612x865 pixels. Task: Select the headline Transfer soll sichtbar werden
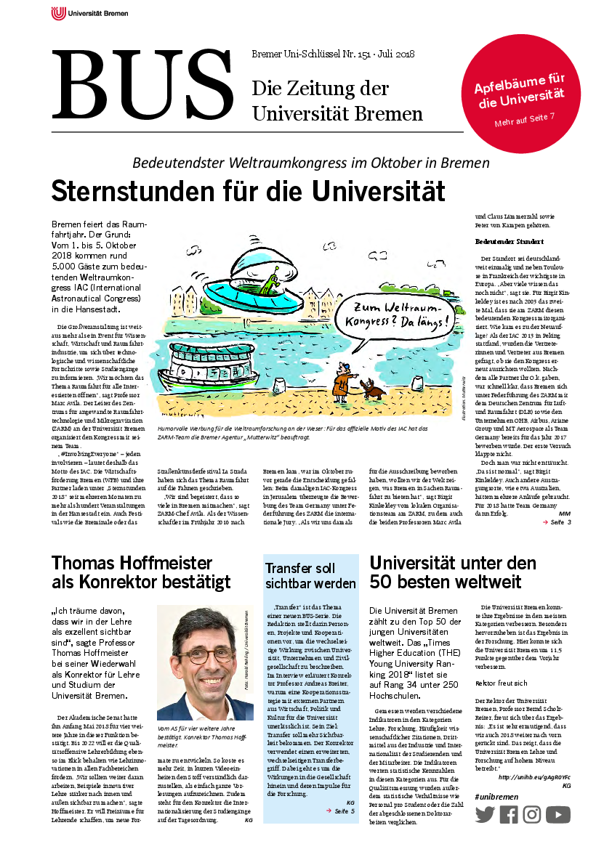point(310,575)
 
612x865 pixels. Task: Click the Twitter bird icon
point(485,815)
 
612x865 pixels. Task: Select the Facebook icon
point(509,815)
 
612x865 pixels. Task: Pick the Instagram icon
point(532,815)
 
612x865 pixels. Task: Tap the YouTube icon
point(558,815)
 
